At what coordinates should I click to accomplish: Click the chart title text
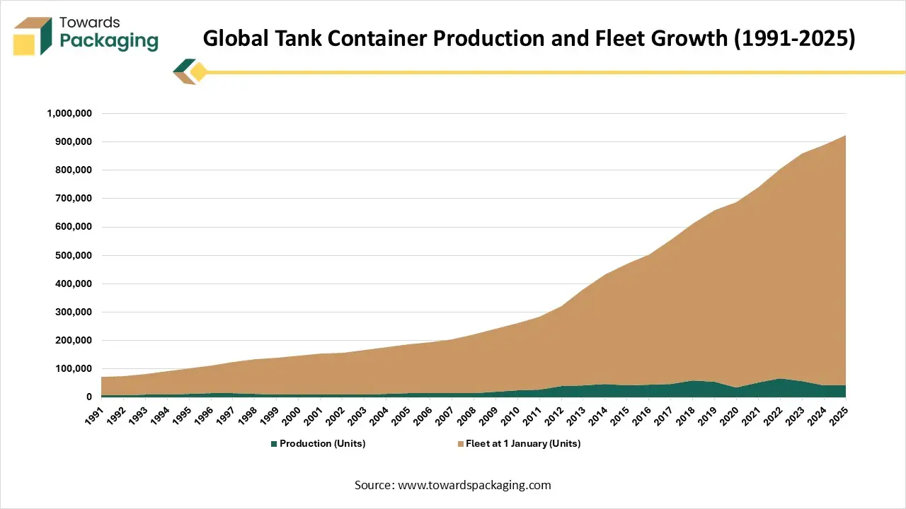(x=529, y=39)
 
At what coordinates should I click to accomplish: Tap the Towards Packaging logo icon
(x=33, y=36)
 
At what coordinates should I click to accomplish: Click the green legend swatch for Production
(x=274, y=444)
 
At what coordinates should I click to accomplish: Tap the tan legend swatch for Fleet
(x=461, y=444)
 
